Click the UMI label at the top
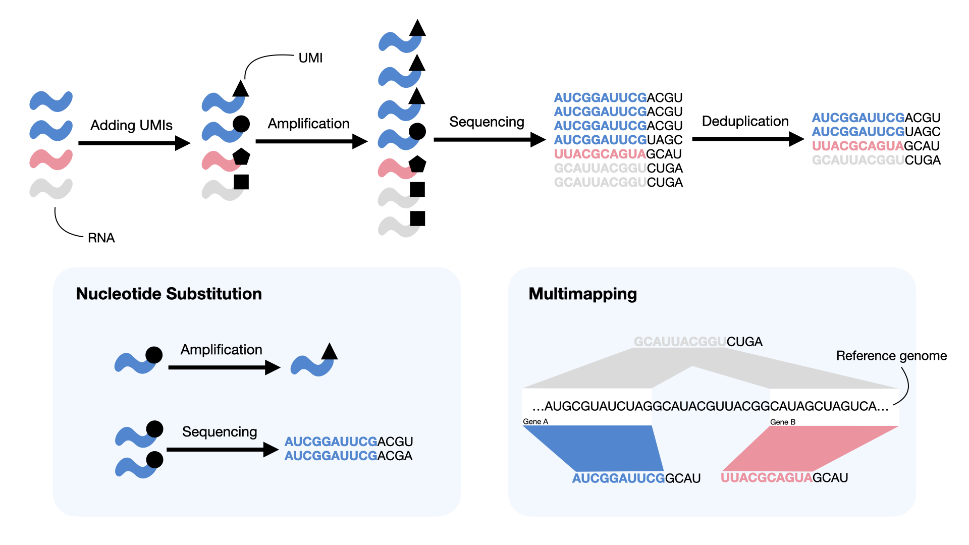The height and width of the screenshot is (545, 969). point(310,58)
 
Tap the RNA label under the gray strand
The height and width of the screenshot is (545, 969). point(101,238)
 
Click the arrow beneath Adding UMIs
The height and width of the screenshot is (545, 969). point(134,143)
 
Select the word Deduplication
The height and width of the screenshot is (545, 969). point(745,121)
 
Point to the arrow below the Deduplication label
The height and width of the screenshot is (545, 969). point(747,139)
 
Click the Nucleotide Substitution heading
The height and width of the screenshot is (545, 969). point(169,294)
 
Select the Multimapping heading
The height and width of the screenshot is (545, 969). point(582,294)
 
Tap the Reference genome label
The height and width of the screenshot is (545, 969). point(891,356)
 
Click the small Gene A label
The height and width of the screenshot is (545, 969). point(535,421)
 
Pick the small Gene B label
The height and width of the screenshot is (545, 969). point(782,422)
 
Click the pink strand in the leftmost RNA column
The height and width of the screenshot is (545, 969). point(51,159)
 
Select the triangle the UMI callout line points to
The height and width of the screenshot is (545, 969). point(241,89)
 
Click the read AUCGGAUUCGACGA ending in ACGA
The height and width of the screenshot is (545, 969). point(348,456)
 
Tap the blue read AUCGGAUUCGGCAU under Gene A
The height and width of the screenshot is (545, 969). point(636,478)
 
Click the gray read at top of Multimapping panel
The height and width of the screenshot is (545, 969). point(697,342)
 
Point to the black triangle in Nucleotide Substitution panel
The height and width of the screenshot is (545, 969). point(330,352)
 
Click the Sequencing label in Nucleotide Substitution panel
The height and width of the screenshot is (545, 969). point(220,432)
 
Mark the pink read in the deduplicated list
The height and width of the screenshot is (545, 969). point(875,146)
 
